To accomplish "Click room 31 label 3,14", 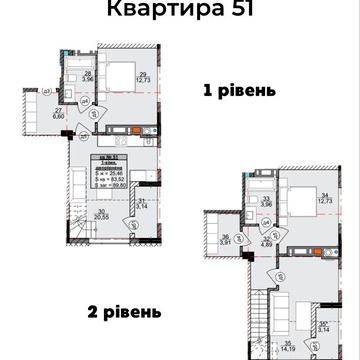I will [142, 205].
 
